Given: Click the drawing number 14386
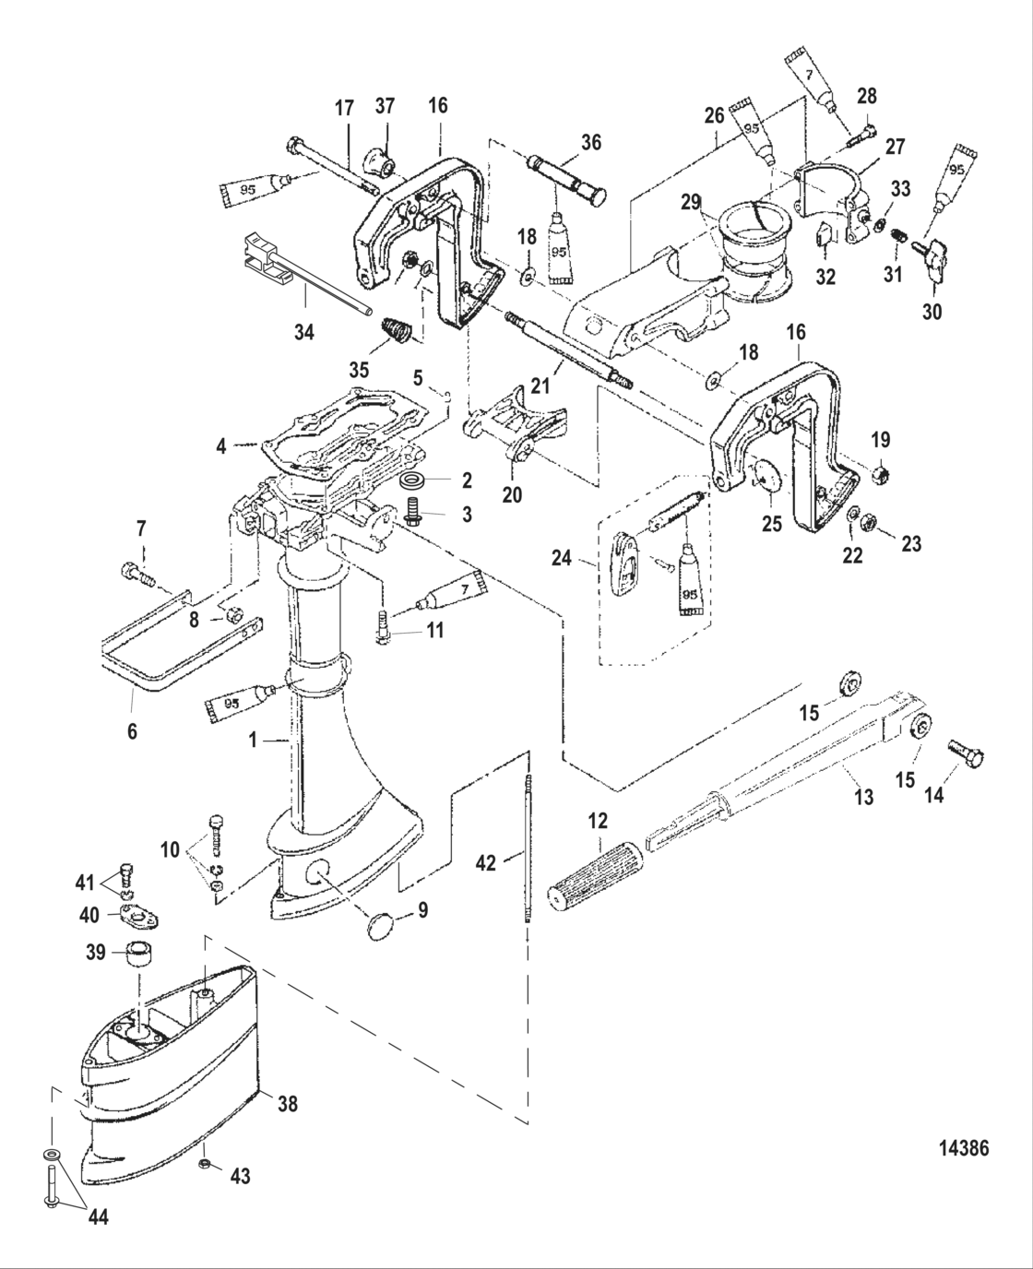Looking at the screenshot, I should [963, 1148].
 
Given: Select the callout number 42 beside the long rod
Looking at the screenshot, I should [485, 862].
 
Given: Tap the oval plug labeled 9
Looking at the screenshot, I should [379, 926].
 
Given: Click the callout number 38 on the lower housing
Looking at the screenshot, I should [288, 1102].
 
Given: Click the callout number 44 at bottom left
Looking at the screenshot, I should [99, 1217].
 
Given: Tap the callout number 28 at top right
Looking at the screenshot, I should [867, 96].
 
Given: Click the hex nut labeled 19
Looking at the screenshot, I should [880, 476].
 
